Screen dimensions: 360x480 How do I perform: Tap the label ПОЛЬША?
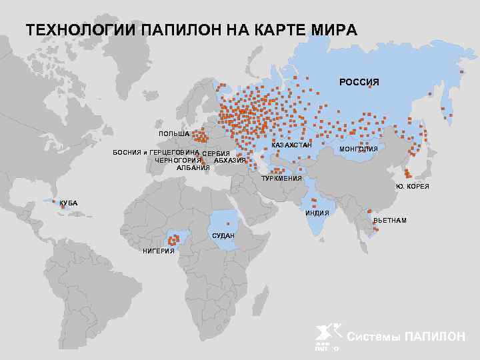click(174, 134)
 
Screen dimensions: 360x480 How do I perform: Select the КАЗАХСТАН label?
click(291, 145)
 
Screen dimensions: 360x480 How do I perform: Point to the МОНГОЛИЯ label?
click(359, 149)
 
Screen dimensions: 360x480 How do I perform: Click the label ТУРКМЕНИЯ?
click(281, 179)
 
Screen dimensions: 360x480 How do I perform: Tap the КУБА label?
click(68, 203)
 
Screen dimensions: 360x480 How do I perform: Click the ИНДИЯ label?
click(317, 213)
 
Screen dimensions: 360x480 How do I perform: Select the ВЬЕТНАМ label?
click(390, 220)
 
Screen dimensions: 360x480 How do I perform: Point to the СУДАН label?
click(223, 237)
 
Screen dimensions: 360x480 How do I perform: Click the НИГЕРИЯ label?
click(159, 251)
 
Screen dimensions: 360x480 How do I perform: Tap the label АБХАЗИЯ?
click(230, 161)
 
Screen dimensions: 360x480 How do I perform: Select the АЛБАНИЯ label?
click(193, 167)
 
